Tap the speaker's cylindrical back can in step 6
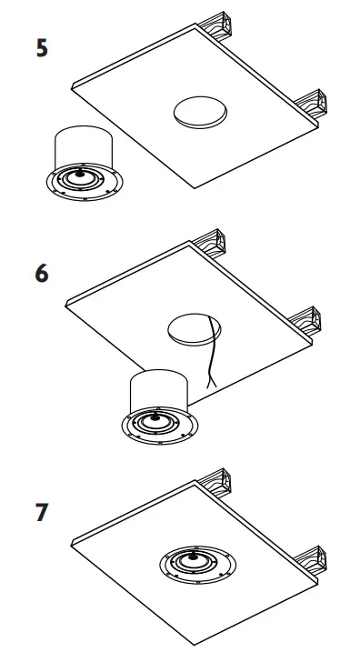pos(158,388)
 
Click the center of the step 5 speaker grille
pos(82,178)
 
